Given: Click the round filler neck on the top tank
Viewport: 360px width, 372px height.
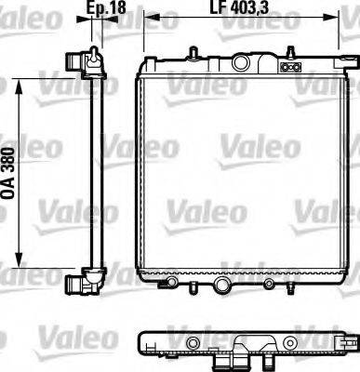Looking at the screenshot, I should [243, 64].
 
